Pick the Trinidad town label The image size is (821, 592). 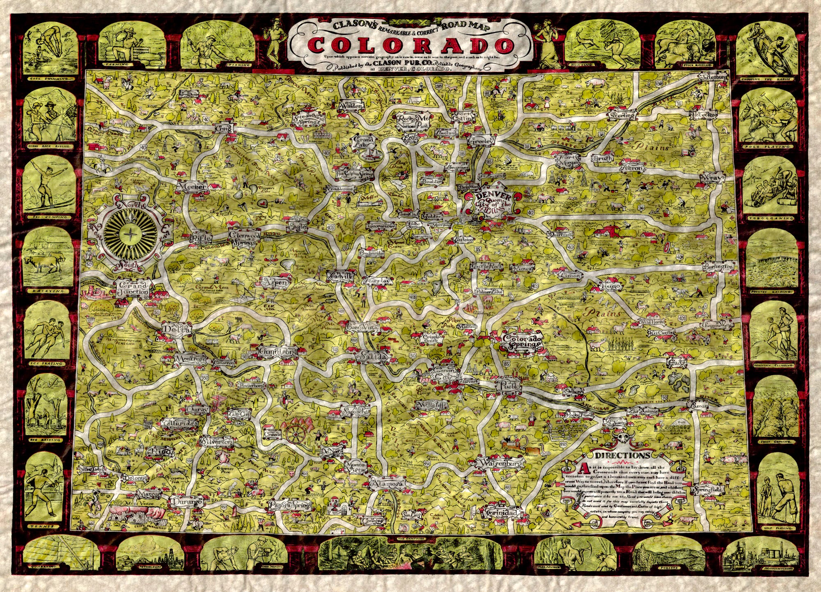[503, 514]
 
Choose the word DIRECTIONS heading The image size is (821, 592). [623, 455]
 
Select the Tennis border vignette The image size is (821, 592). [44, 489]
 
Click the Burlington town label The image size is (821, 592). [718, 266]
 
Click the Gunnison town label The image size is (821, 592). [277, 352]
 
